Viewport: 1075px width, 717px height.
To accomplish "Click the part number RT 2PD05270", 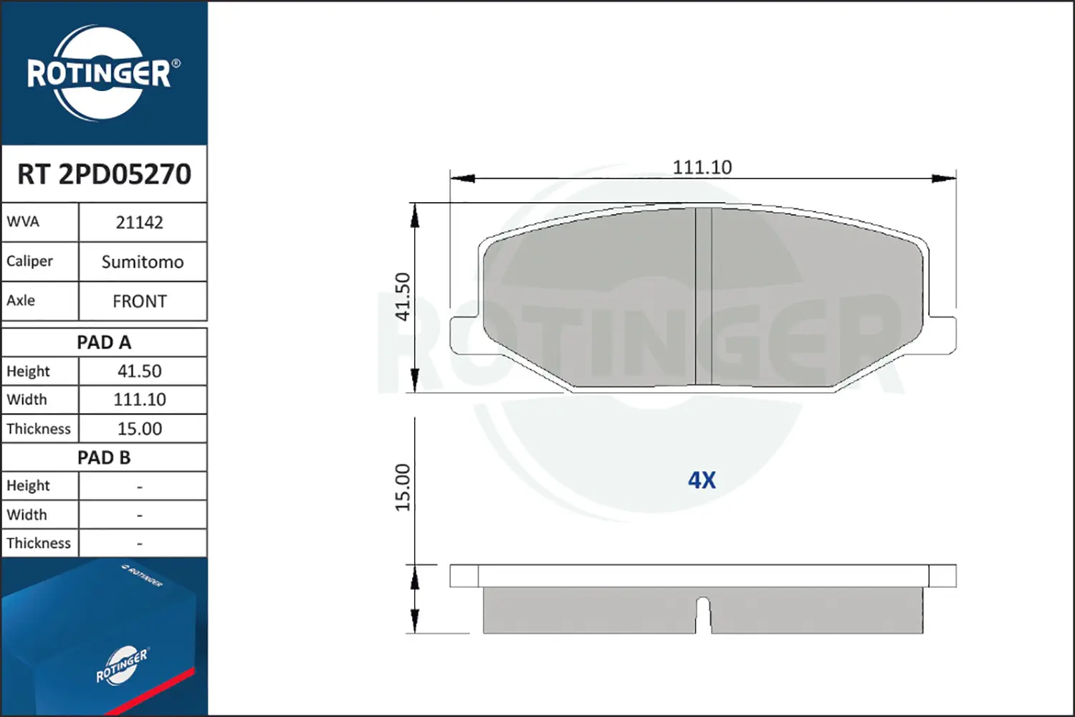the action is pyautogui.click(x=104, y=174).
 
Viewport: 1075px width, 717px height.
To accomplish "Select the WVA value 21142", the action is pyautogui.click(x=139, y=222).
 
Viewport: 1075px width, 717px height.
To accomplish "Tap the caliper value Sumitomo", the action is pyautogui.click(x=143, y=262).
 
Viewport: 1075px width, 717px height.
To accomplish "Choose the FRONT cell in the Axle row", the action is pyautogui.click(x=139, y=301).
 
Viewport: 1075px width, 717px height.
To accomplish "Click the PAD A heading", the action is pyautogui.click(x=104, y=343).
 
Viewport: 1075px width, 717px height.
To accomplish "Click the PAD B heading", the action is pyautogui.click(x=104, y=457).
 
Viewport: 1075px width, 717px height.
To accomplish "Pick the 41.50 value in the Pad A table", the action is pyautogui.click(x=139, y=371).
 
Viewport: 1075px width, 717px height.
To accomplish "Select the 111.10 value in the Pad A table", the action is pyautogui.click(x=139, y=399).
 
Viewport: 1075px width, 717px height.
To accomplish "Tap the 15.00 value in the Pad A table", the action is pyautogui.click(x=139, y=428).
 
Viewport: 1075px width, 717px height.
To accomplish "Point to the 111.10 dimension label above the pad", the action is pyautogui.click(x=702, y=167).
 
